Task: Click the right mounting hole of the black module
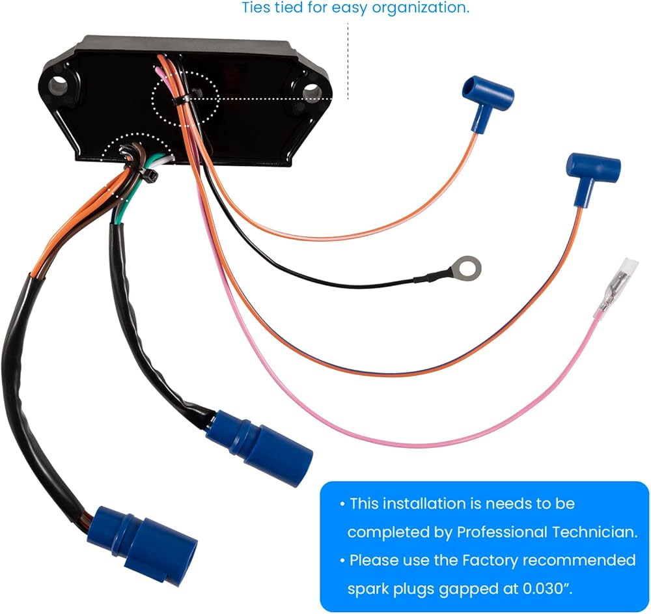311,90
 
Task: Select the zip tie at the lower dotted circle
148,174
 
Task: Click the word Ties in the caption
255,8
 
